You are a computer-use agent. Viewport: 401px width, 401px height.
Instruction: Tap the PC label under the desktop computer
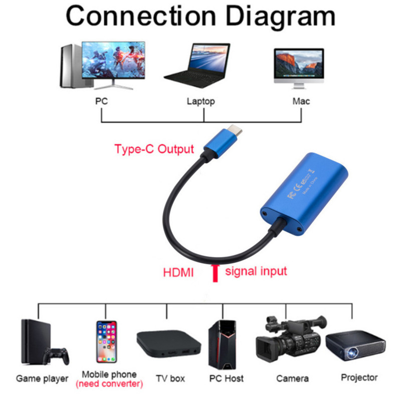[101, 101]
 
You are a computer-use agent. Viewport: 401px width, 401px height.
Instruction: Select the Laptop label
[200, 101]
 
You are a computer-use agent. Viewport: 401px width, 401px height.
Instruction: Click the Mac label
[301, 101]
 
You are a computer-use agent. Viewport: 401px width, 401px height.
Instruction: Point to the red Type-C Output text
[154, 149]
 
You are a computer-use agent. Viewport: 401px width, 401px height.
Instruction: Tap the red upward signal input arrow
[216, 273]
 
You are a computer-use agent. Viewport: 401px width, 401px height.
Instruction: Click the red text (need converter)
[109, 384]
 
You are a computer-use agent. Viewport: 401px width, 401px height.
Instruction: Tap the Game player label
[42, 378]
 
